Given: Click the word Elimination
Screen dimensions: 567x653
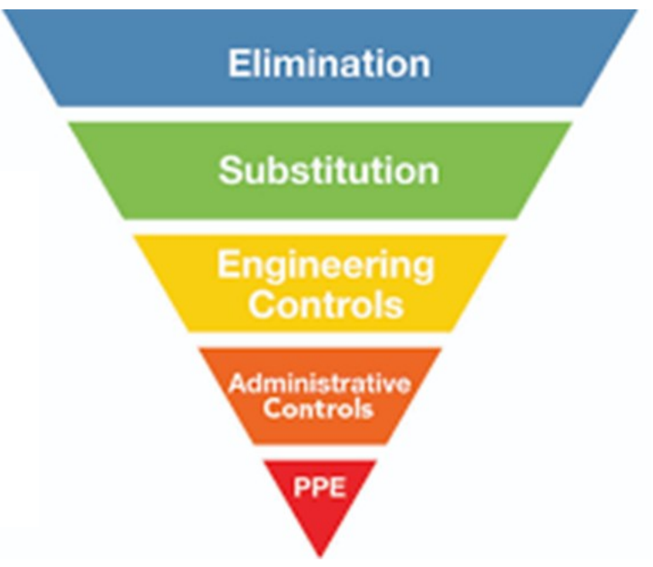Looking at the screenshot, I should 328,64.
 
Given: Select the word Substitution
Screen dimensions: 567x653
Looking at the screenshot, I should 328,170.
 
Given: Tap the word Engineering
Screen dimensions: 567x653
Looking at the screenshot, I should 325,266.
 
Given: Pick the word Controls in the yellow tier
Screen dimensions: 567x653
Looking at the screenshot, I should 325,304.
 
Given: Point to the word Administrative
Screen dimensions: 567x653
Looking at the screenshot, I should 320,383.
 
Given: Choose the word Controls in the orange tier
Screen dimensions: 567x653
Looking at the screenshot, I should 318,408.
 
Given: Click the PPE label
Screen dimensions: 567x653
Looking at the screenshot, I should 319,488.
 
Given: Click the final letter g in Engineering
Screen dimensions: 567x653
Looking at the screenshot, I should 422,269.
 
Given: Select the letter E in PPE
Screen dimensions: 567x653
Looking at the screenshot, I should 335,488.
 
